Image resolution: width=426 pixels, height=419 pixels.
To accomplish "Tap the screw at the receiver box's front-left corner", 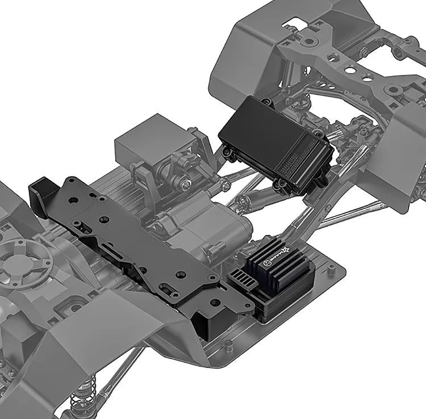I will point(227,152).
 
